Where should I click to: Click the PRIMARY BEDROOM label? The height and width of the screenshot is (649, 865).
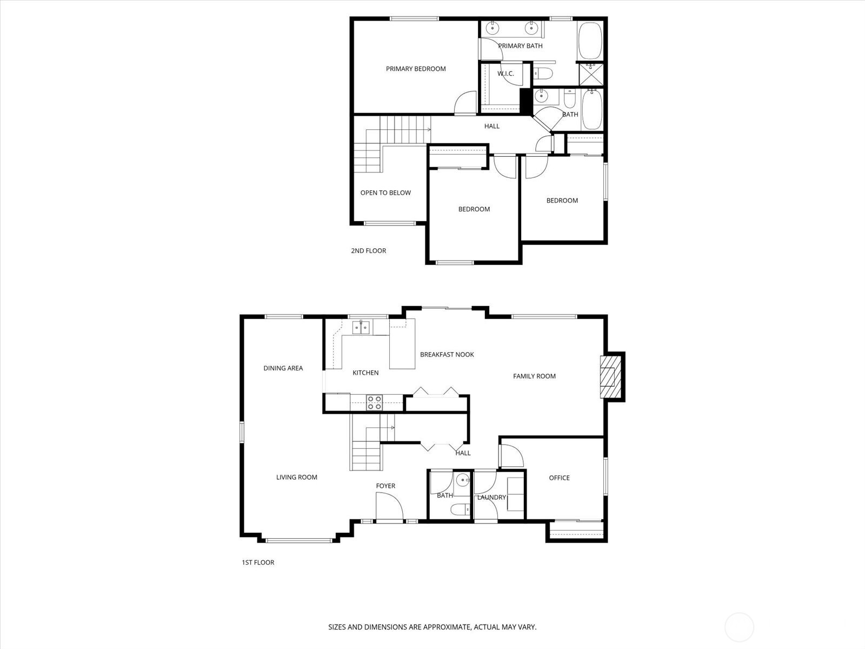point(416,69)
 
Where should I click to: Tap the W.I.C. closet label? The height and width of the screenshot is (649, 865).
point(505,74)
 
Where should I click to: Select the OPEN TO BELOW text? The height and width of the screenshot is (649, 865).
point(385,193)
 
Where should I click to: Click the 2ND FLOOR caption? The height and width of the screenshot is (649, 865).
point(368,250)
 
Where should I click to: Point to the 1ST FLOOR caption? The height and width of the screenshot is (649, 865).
point(258,562)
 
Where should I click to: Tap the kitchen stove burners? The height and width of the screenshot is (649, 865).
point(374,402)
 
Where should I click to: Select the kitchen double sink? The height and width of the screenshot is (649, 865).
point(361,327)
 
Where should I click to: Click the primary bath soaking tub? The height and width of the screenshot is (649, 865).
point(590,41)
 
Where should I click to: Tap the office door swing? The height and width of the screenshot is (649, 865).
point(511,455)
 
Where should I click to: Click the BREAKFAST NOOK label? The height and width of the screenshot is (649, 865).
point(447,355)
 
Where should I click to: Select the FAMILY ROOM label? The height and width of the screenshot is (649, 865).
point(534,376)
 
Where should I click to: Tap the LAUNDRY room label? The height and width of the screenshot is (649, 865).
point(491,498)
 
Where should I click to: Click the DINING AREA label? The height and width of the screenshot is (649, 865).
point(283,368)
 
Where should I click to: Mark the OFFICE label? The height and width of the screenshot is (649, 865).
point(559,478)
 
